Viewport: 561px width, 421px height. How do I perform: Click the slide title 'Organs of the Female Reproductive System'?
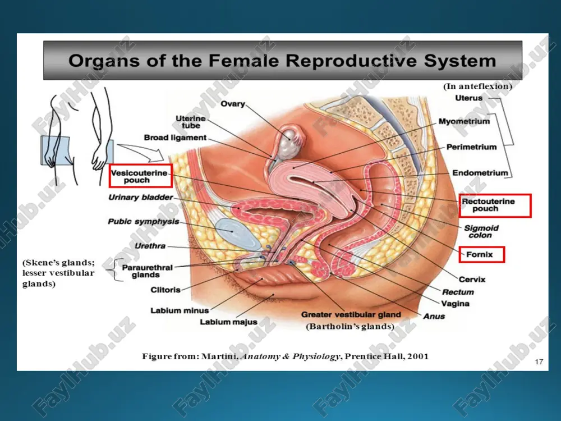(x=282, y=61)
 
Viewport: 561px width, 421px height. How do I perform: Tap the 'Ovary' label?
(x=233, y=104)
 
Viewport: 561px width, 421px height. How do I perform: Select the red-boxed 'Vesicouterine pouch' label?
(x=141, y=176)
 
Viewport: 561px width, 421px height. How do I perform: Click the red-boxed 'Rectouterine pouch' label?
(x=495, y=205)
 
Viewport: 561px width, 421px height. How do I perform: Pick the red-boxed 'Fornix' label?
(x=482, y=254)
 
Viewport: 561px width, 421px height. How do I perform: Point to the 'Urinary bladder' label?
(x=141, y=197)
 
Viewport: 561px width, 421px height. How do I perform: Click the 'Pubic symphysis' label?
(x=144, y=222)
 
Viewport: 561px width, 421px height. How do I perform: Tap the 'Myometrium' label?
(x=464, y=121)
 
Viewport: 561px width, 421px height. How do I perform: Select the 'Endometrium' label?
(x=480, y=173)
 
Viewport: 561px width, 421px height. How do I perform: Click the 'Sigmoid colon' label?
(x=481, y=232)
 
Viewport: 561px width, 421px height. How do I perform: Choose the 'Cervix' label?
(x=472, y=279)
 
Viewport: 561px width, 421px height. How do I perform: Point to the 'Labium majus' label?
(x=229, y=322)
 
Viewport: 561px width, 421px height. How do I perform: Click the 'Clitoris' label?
(x=165, y=290)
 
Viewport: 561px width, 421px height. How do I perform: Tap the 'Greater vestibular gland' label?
(x=351, y=314)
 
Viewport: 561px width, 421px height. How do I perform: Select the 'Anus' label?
(x=434, y=316)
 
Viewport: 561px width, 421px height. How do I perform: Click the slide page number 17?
(x=539, y=362)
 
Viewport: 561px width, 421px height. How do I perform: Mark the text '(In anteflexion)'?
(x=477, y=86)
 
